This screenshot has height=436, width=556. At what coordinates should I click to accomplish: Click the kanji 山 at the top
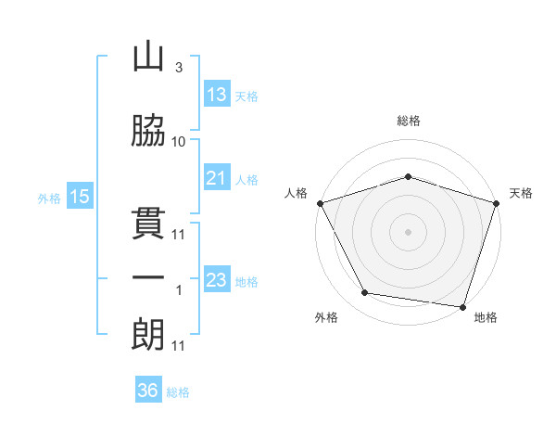click(148, 57)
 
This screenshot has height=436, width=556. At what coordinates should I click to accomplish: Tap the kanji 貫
click(148, 223)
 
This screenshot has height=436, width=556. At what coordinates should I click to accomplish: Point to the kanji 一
click(148, 277)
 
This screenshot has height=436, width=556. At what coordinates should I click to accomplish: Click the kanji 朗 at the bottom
click(148, 333)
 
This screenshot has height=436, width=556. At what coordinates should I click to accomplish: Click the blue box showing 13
click(217, 95)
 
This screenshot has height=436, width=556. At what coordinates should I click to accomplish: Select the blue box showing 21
click(217, 178)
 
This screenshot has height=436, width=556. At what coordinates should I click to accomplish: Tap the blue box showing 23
click(217, 280)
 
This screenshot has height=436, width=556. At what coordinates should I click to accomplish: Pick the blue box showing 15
click(80, 197)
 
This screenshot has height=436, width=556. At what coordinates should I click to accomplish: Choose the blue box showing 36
click(148, 391)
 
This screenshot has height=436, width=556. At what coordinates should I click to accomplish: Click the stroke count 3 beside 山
click(179, 68)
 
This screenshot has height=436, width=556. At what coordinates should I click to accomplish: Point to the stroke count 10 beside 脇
click(179, 141)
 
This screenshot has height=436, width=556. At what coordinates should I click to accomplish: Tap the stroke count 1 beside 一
click(179, 290)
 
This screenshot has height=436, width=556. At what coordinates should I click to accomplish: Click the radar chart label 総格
click(409, 121)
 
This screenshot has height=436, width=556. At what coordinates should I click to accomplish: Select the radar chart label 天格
click(521, 193)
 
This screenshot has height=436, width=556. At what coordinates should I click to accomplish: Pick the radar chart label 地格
click(486, 317)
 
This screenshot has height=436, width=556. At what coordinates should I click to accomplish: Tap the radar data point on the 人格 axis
click(320, 203)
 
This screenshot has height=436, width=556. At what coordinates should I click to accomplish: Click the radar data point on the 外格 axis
click(364, 293)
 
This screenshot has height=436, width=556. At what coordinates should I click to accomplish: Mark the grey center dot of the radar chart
click(409, 232)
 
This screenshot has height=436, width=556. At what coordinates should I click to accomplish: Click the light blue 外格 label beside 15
click(48, 198)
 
